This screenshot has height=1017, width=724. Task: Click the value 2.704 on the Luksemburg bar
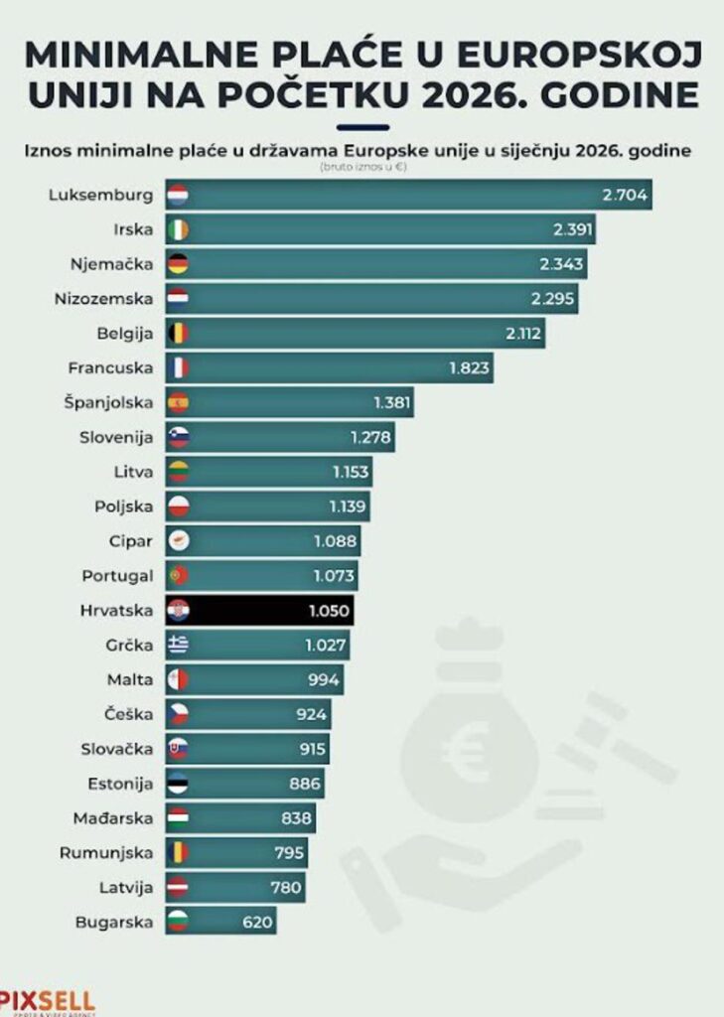pos(625,195)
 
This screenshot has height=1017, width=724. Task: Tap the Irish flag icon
pos(178,229)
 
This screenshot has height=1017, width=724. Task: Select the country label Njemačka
pos(112,264)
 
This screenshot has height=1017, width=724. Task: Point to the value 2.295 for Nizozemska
pos(549,299)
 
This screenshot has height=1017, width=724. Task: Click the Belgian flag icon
pos(178,334)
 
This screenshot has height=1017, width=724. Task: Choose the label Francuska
pos(110,368)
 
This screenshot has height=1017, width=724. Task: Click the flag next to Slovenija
pos(178,437)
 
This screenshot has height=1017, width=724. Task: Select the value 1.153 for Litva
pos(351,472)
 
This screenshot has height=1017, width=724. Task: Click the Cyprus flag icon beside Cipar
pos(178,541)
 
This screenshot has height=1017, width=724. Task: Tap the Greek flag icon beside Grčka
pos(178,645)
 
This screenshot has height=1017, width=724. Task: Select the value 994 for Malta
pos(324,679)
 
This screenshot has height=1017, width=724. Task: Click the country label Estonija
pos(120,784)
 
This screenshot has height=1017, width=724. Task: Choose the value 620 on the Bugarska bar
pos(257,922)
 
